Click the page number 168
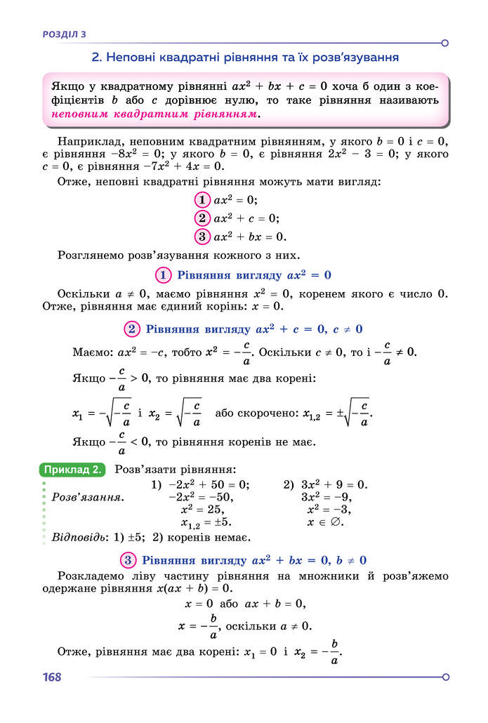pyautogui.click(x=52, y=677)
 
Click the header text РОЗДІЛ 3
pyautogui.click(x=65, y=33)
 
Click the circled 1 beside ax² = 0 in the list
pyautogui.click(x=203, y=199)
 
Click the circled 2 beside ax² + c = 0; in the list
pyautogui.click(x=203, y=218)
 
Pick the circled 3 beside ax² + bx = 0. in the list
pyautogui.click(x=203, y=236)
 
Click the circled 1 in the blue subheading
pyautogui.click(x=164, y=274)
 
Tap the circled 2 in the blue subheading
pyautogui.click(x=131, y=329)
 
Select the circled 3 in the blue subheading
pyautogui.click(x=128, y=560)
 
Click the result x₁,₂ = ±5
pyautogui.click(x=206, y=523)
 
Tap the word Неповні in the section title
pyautogui.click(x=130, y=57)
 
